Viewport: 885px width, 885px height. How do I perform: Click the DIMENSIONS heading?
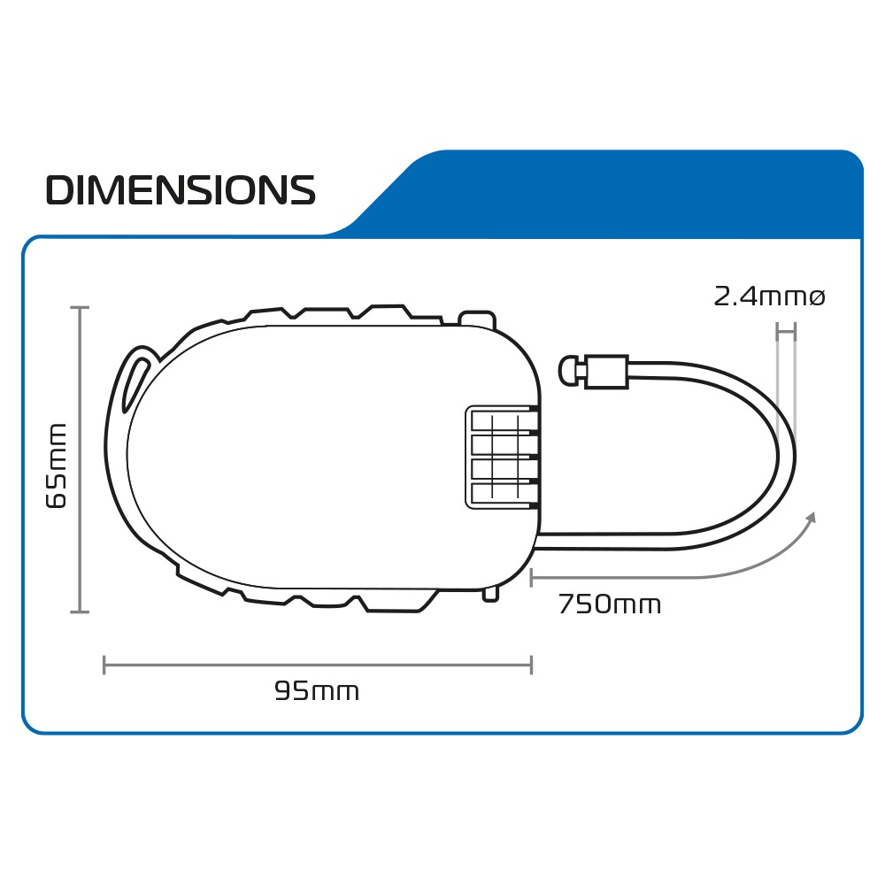point(181,190)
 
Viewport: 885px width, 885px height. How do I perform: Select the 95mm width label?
point(317,691)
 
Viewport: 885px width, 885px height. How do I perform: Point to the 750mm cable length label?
point(609,605)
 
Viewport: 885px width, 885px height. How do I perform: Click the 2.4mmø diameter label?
point(769,297)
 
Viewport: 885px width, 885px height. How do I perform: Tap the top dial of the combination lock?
point(502,419)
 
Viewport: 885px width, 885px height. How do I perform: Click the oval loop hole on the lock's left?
point(132,381)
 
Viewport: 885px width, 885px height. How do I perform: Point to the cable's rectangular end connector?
point(607,372)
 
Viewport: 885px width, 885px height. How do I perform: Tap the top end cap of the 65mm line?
point(81,308)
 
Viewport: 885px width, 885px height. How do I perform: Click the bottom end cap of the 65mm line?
point(81,611)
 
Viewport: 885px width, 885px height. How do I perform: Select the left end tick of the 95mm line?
point(104,665)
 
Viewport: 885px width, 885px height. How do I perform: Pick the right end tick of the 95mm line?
point(531,665)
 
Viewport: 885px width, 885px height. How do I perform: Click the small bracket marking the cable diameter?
point(786,332)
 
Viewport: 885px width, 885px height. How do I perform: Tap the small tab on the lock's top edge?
point(477,317)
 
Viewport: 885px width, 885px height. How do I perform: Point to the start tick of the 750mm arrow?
point(531,578)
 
